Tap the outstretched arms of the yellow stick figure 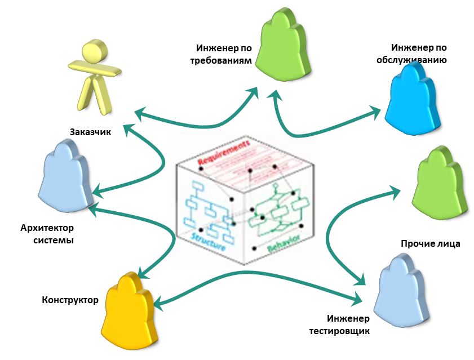95,70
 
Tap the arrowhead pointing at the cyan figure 375,112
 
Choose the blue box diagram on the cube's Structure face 209,208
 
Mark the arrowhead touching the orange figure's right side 158,305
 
